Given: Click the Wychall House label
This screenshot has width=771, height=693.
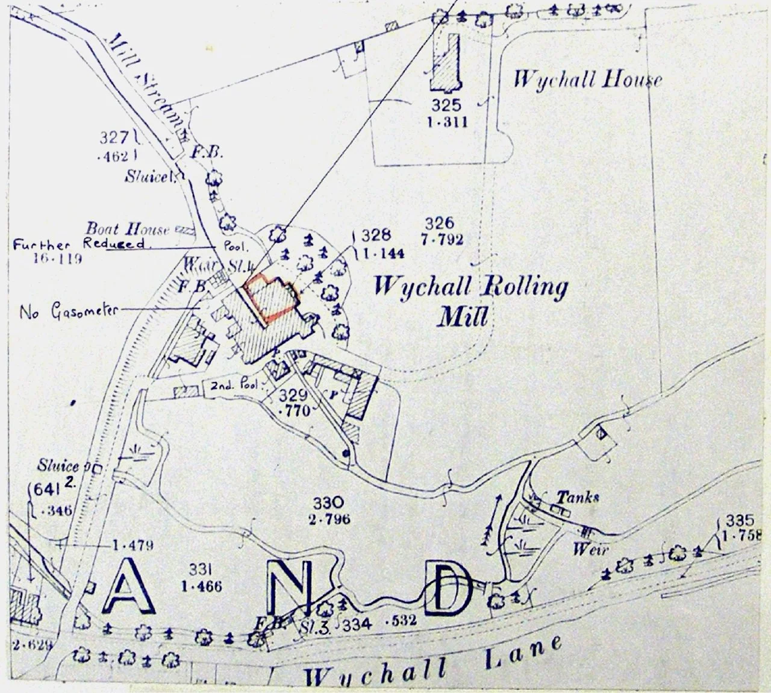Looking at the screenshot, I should (x=587, y=80).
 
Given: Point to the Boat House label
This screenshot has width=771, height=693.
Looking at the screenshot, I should (x=127, y=229).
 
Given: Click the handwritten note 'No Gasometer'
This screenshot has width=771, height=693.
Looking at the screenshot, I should (x=70, y=312).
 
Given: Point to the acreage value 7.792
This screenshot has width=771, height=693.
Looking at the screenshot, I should (x=443, y=239).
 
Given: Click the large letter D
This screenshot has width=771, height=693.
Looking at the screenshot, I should (x=449, y=589).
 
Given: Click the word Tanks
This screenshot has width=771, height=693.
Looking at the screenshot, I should (x=577, y=497).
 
